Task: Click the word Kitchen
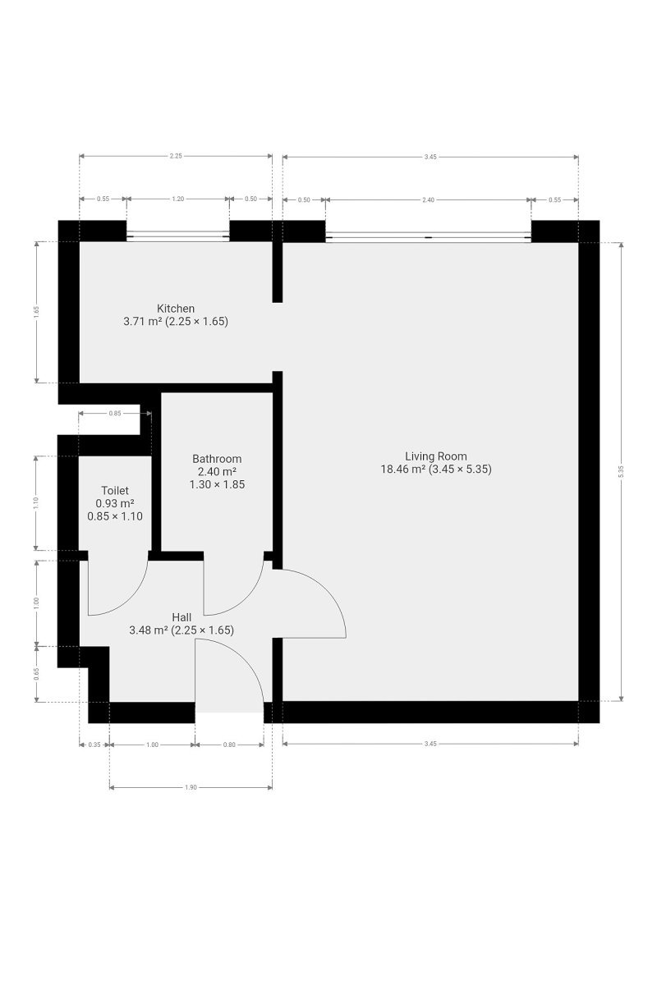tap(176, 309)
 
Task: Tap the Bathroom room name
tap(217, 459)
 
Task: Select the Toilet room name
tap(115, 491)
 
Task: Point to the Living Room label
tap(435, 456)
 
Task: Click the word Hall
tap(181, 618)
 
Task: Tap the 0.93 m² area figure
tap(115, 503)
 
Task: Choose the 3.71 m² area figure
tap(143, 322)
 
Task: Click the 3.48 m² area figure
tap(149, 630)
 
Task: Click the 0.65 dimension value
tap(36, 673)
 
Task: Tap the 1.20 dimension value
tap(177, 199)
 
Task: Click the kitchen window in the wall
tap(177, 236)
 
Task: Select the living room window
tap(428, 236)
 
